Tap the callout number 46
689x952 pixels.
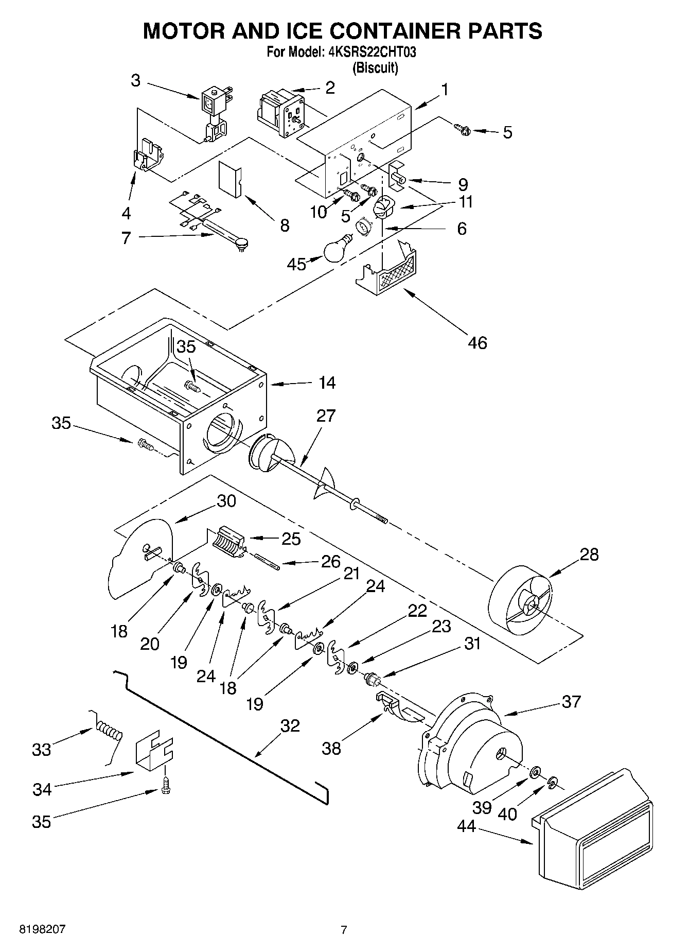[x=477, y=342]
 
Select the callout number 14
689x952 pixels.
[x=326, y=383]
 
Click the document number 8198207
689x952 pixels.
[x=42, y=929]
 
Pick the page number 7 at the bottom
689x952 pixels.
[x=344, y=929]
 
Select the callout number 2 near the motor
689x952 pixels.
[x=330, y=88]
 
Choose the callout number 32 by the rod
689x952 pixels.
[x=290, y=725]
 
